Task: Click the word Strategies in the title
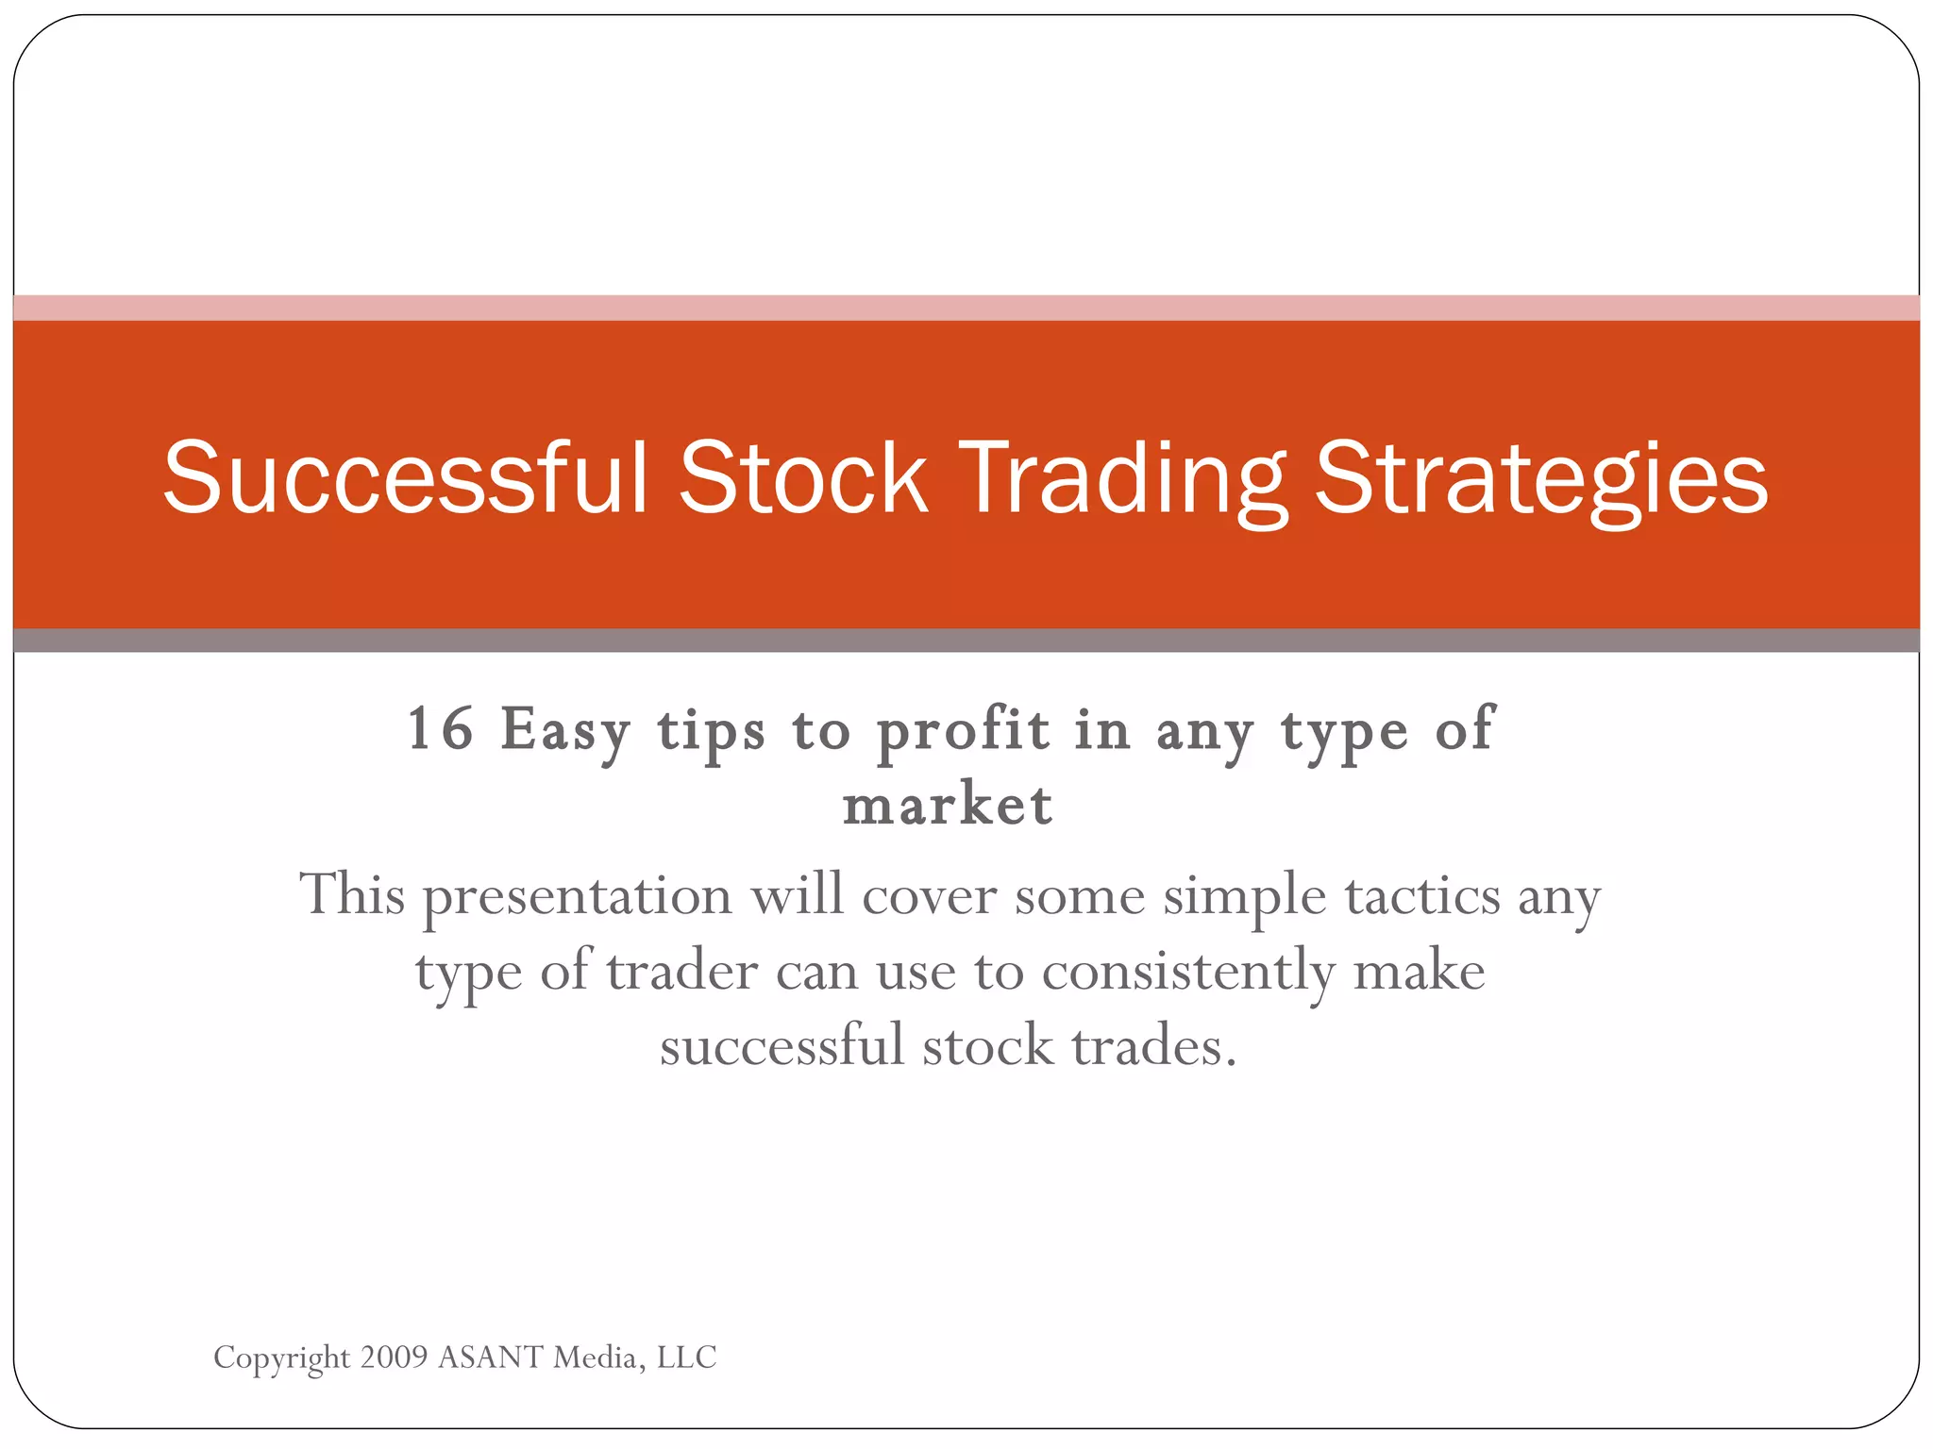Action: (1540, 481)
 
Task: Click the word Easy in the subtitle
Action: (564, 731)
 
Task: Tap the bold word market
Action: (948, 807)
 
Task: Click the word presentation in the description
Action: (578, 897)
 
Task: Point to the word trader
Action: (681, 972)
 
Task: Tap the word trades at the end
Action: (1152, 1047)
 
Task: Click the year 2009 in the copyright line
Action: (394, 1357)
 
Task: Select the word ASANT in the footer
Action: (491, 1357)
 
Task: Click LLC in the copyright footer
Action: (686, 1357)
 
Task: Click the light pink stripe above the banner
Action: (966, 308)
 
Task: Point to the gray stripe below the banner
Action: (966, 641)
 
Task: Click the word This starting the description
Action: (351, 895)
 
